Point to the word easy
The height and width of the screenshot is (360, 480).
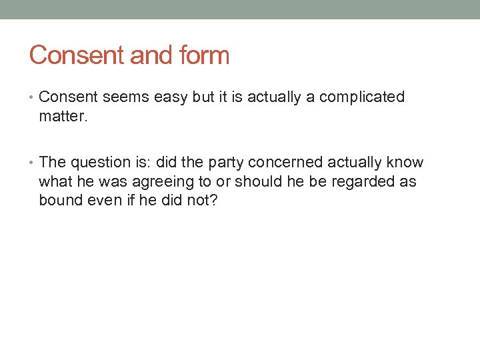(171, 97)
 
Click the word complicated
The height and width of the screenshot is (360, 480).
(362, 97)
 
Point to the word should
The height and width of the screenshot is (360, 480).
(251, 181)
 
